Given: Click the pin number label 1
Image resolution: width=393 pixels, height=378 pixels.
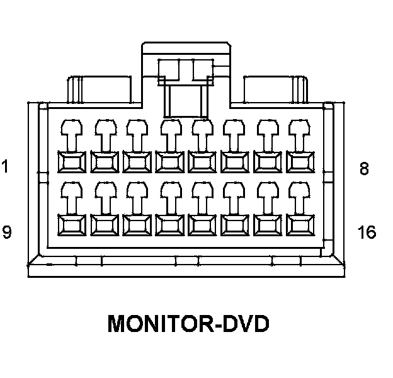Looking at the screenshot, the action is pos(5,166).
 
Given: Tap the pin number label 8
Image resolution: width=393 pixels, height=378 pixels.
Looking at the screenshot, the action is pos(364,168).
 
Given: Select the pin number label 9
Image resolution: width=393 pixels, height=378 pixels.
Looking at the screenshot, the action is pos(7,232).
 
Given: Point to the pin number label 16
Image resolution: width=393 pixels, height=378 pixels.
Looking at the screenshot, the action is pos(367,232).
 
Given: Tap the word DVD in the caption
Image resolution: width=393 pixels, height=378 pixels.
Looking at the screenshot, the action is pos(246,323).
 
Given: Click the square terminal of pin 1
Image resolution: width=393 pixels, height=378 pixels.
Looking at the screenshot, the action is pos(72,162).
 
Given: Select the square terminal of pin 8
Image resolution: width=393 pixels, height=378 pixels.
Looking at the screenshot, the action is pos(300,162).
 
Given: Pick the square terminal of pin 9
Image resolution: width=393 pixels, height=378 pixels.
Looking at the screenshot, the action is pos(72,225).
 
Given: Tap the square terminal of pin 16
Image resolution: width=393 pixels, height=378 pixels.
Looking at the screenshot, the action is pos(300,225).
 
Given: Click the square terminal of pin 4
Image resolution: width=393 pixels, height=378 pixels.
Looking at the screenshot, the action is pos(169,162).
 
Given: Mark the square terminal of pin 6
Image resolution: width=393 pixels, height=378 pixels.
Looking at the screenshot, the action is pos(235,162).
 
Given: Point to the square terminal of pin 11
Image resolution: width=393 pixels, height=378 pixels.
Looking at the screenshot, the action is pos(137,225).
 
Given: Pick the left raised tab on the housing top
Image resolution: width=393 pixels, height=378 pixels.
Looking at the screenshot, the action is pos(100,89).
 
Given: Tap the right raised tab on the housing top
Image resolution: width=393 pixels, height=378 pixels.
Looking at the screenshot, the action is pos(276,89).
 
